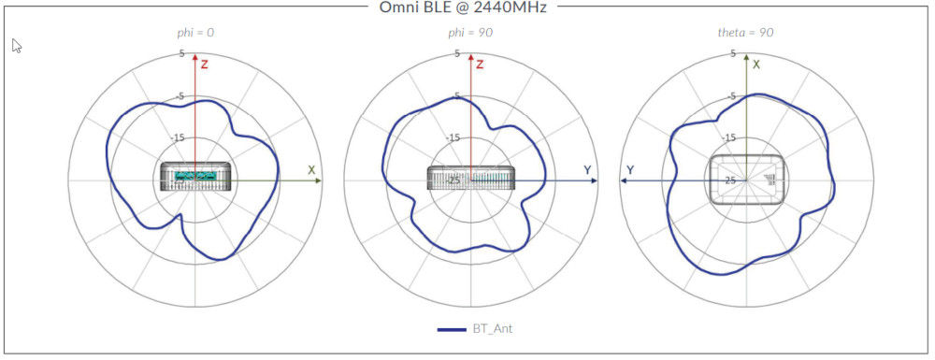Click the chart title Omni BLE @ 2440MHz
coord(462,7)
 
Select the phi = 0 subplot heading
coord(195,33)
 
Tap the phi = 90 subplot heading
coord(470,33)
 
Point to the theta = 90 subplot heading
coord(745,33)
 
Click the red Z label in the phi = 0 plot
coord(205,65)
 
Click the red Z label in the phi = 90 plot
coord(480,65)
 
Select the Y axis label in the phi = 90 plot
coord(587,169)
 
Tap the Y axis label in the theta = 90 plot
coord(630,170)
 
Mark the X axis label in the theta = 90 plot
coord(756,65)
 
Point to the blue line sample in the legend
coord(453,329)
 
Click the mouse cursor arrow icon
coord(16,46)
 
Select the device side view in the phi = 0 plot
coord(195,175)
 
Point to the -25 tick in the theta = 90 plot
coord(729,180)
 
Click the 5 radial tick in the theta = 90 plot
coord(733,54)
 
